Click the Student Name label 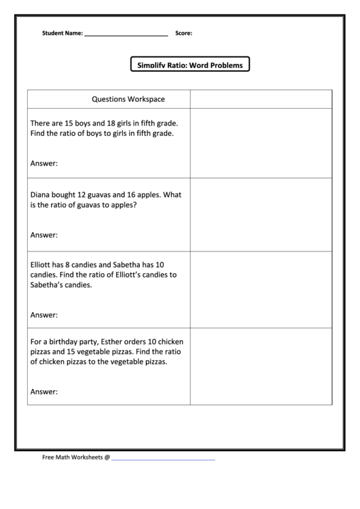point(62,33)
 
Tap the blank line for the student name point(126,33)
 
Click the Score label point(183,33)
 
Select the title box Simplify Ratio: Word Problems point(190,65)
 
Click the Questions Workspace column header point(128,99)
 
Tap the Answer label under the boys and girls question point(44,163)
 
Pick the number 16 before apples point(141,194)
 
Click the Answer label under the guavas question point(44,235)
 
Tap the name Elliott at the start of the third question point(43,264)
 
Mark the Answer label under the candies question point(44,315)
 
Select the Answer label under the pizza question point(44,391)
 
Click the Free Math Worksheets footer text point(75,457)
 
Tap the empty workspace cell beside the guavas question point(261,215)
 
